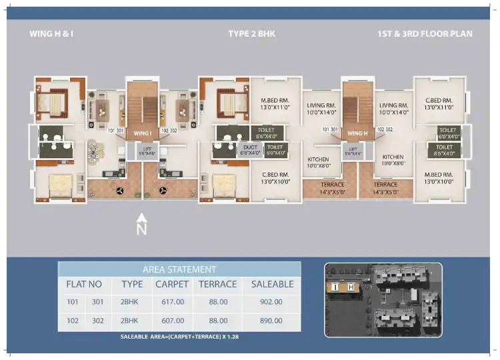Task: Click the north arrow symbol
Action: tap(141, 225)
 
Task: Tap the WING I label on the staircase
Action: tap(142, 133)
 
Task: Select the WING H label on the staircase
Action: tap(357, 133)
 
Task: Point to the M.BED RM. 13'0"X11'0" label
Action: tap(274, 103)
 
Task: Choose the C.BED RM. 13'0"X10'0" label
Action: tap(274, 177)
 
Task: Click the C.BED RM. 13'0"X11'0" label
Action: tap(439, 103)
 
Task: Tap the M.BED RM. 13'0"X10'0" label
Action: tap(439, 177)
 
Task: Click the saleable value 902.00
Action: tap(272, 302)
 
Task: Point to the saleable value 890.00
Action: tap(272, 321)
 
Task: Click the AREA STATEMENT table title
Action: tap(179, 269)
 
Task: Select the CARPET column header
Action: tap(172, 284)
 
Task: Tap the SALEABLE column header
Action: tap(272, 284)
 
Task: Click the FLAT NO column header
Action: tap(84, 284)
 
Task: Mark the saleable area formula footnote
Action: tap(179, 337)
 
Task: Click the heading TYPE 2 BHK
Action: tap(251, 33)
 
